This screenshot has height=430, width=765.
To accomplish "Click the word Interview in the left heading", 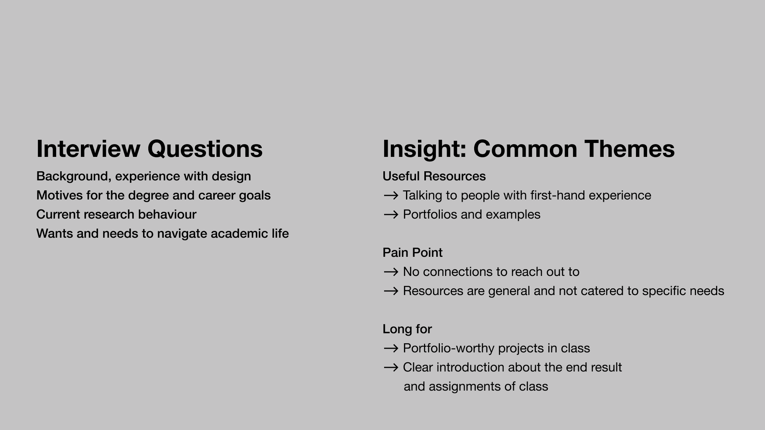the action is tap(88, 149).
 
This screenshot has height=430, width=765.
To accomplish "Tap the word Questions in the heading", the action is tap(205, 149).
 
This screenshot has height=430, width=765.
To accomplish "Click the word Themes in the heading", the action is tap(630, 149).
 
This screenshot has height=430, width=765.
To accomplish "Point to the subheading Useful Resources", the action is tap(434, 176).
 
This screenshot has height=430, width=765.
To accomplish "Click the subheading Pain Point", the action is tap(412, 252).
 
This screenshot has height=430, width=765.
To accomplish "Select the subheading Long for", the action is tap(407, 329).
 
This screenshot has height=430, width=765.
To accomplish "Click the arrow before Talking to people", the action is tap(391, 195).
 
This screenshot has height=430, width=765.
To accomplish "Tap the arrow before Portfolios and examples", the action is tap(391, 215).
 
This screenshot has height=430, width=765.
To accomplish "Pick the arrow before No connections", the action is tap(391, 272).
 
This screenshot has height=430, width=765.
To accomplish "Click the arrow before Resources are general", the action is tap(391, 291).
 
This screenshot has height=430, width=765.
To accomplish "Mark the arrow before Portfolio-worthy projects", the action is tap(391, 348).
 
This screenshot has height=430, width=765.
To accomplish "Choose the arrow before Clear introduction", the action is tap(391, 367).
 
